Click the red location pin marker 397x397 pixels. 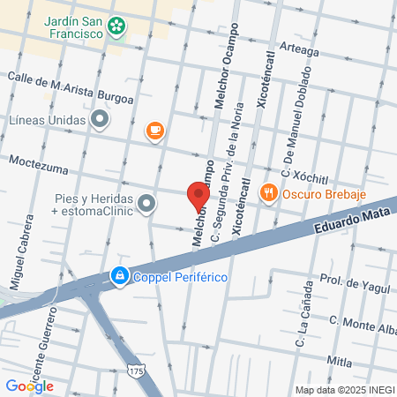tap(198, 194)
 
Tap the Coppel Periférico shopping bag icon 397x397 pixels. tap(118, 277)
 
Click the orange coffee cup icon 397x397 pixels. tap(154, 131)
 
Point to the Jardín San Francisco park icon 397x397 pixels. tap(116, 27)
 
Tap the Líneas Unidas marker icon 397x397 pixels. tap(101, 118)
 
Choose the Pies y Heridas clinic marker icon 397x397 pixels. tap(146, 204)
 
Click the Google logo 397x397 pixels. tap(30, 386)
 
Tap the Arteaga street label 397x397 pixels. tap(298, 50)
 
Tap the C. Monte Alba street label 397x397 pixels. tap(363, 324)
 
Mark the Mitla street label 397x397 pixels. tap(340, 362)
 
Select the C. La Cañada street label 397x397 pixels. tap(299, 319)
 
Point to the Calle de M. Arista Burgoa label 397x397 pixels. tap(71, 87)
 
